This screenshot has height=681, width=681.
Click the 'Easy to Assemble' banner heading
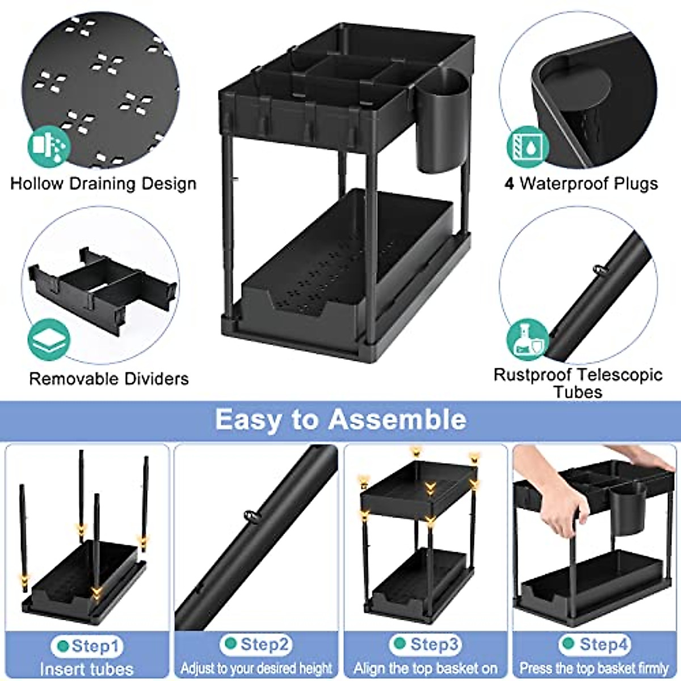(x=340, y=420)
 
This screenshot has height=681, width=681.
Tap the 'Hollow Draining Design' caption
(x=103, y=184)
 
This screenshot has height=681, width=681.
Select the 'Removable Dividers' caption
(x=109, y=379)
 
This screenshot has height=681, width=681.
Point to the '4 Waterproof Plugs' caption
(x=581, y=184)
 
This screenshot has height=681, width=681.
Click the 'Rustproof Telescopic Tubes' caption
(x=578, y=383)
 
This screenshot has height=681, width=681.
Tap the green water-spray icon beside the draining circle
(x=49, y=146)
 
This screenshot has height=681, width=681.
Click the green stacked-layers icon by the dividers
(x=49, y=340)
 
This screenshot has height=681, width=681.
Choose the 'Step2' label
(x=258, y=645)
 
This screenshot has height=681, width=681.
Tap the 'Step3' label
(x=428, y=645)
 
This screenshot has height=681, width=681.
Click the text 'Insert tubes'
(x=86, y=669)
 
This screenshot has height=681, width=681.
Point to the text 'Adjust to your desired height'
(x=256, y=668)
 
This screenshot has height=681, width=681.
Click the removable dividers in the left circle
(x=102, y=287)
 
